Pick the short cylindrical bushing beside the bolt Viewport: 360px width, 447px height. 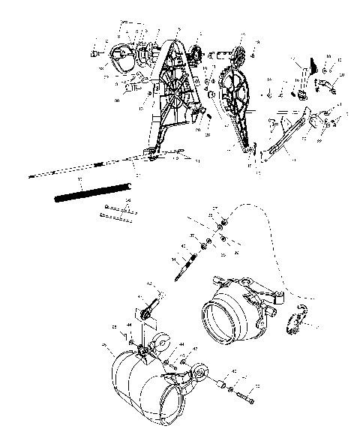click(x=223, y=386)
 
